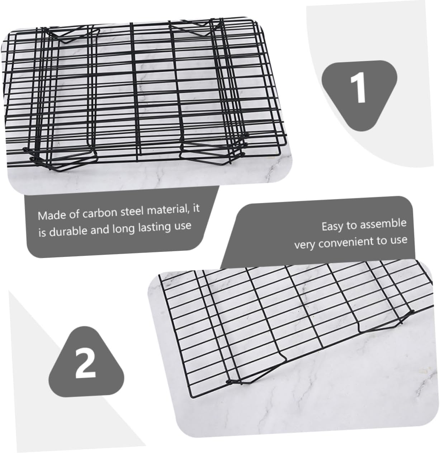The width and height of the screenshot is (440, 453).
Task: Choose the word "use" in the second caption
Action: [x=399, y=239]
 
